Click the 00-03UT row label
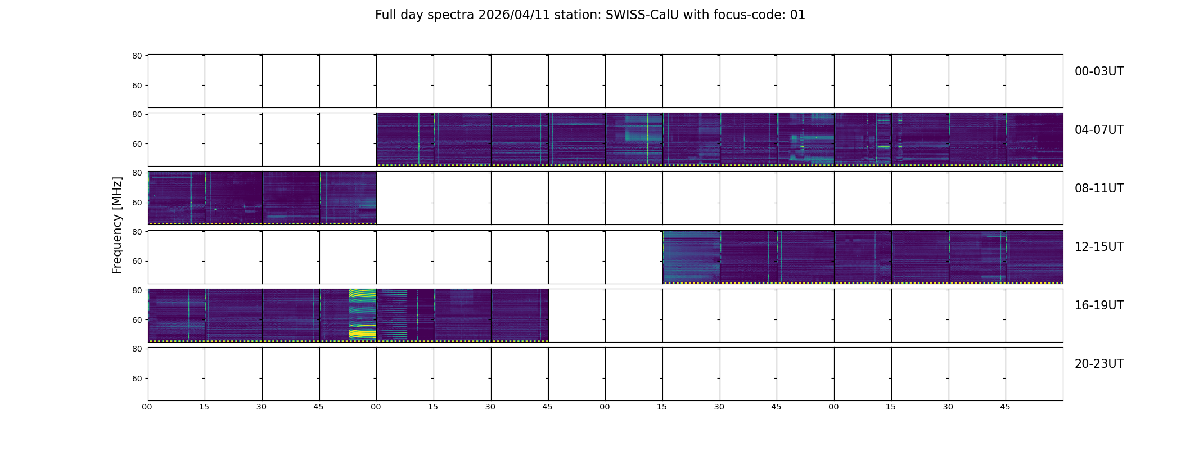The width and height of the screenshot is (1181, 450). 1099,71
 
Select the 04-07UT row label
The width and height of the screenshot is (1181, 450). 1099,130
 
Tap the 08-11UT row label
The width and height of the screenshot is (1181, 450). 1099,188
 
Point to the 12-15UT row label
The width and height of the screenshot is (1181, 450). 1099,247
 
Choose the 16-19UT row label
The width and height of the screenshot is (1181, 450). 1099,305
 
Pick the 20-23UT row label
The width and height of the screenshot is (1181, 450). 1099,364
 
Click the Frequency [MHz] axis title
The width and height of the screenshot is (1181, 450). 117,225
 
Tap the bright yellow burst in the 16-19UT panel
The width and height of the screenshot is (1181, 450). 362,314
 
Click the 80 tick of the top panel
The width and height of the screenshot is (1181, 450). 137,56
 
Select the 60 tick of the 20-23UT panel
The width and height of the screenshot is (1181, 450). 137,379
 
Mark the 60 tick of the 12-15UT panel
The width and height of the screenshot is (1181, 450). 137,261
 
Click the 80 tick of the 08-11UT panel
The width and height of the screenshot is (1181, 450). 137,173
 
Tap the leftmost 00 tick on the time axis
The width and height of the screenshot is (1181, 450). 147,407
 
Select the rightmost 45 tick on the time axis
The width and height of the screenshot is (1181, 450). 1005,407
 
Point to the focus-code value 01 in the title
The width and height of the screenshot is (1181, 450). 798,15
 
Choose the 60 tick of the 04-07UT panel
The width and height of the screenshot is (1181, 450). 137,144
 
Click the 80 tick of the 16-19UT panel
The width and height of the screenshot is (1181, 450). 137,290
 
